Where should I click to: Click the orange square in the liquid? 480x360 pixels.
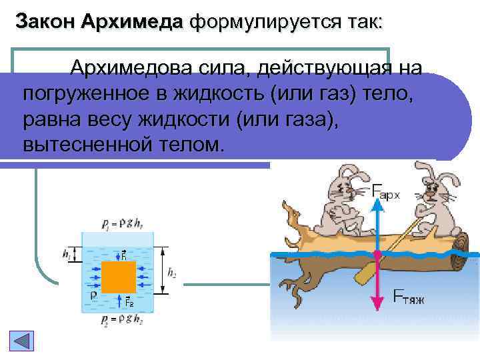119,277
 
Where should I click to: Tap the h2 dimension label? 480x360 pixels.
171,272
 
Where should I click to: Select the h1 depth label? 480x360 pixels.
65,254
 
